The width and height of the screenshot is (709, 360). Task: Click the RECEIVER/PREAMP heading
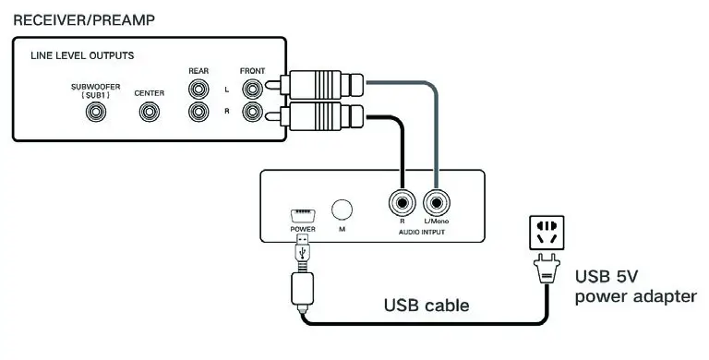(84, 18)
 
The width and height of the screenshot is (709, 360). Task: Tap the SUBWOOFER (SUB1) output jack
(95, 112)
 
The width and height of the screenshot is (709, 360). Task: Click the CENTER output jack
(149, 112)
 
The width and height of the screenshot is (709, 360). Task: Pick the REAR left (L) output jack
(197, 90)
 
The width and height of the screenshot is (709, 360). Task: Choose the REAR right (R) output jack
(197, 112)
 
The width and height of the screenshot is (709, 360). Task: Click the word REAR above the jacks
(198, 70)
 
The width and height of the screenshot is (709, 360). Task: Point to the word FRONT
(251, 70)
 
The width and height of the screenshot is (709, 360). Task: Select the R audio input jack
(402, 200)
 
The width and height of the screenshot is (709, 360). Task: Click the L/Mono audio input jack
(435, 200)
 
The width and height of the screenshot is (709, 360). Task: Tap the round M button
(342, 210)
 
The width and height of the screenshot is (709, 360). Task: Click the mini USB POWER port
(301, 215)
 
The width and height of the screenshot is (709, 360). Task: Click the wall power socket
(542, 231)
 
